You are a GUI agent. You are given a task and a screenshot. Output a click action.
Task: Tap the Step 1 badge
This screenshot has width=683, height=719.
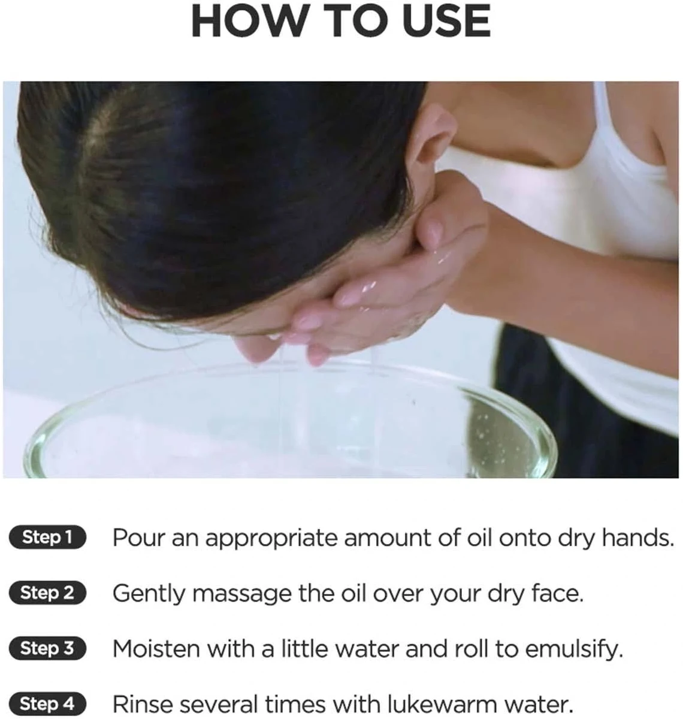coord(47,537)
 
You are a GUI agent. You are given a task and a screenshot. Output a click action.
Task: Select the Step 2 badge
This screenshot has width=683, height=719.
coord(47,593)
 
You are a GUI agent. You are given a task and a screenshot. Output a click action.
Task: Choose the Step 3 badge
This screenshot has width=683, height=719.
coord(47,648)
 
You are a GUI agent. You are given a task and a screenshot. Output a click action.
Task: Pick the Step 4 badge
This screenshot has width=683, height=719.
coord(47,704)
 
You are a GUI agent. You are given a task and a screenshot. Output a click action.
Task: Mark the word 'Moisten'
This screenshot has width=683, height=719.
coord(156,649)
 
